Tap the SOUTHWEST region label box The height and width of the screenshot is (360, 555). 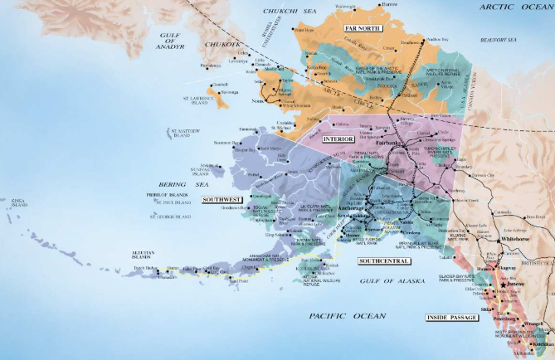click(222, 200)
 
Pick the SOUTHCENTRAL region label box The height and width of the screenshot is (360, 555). click(384, 261)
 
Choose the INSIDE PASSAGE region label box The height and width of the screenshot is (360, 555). click(452, 318)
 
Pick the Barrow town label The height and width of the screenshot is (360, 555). click(389, 5)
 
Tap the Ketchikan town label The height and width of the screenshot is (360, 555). click(543, 343)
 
